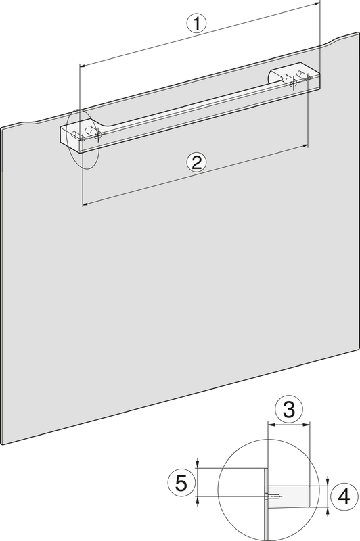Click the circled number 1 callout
[196, 24]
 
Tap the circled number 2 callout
[196, 162]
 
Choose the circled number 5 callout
[181, 483]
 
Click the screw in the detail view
[273, 496]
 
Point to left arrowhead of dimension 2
[85, 205]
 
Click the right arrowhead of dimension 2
[305, 146]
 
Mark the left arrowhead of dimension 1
[82, 64]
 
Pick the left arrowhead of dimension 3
[270, 425]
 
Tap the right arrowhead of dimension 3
[307, 425]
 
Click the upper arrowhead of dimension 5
[198, 465]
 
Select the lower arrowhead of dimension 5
[198, 500]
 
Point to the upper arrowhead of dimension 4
[328, 482]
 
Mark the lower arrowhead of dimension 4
[328, 510]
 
